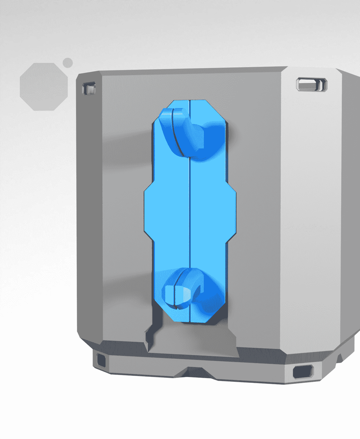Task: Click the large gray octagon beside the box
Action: pos(44,86)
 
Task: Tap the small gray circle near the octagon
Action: pos(68,63)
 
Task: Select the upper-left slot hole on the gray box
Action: pos(89,88)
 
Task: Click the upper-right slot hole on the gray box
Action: pos(311,85)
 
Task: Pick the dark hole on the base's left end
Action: pos(102,359)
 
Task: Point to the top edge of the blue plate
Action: pos(190,101)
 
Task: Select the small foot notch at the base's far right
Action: pos(339,358)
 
